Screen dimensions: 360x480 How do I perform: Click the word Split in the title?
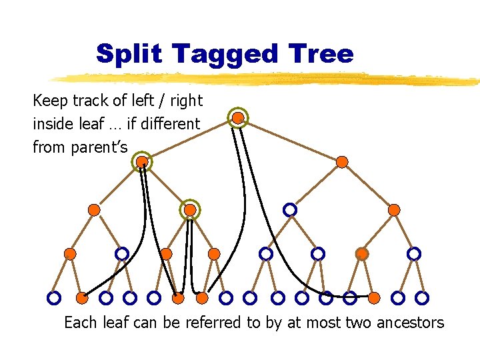point(128,53)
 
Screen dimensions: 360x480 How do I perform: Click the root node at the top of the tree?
point(238,118)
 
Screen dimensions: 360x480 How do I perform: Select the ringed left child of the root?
point(142,161)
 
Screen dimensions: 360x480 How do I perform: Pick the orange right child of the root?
point(342,161)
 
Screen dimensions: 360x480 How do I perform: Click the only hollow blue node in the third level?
point(290,209)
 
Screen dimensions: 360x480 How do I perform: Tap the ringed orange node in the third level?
point(190,209)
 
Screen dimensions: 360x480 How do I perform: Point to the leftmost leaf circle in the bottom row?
point(54,297)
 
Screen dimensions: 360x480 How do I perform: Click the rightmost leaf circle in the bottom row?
point(422,297)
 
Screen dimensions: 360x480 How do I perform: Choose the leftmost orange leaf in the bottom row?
point(81,297)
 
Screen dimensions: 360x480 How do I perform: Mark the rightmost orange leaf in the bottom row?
point(374,297)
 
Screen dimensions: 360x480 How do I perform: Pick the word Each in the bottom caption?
point(81,323)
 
